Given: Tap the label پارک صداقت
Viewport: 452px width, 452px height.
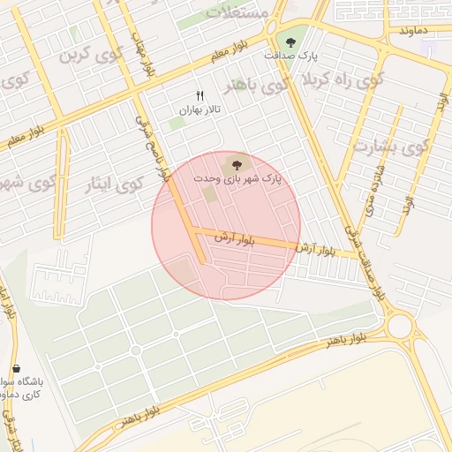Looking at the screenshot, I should coord(290,56).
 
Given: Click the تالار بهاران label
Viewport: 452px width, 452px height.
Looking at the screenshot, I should coord(199,110).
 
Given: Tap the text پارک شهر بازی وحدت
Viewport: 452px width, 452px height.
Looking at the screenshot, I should coord(237,178).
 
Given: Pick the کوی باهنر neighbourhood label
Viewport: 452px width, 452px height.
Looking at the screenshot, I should coord(256,87).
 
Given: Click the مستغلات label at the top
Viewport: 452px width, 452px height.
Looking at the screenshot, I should coord(236,12).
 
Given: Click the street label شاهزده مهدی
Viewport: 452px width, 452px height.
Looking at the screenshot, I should coord(376,190).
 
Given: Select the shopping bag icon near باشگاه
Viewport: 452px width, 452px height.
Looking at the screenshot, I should coord(16,368).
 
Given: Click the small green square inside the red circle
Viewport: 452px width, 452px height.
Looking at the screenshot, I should coord(209,192).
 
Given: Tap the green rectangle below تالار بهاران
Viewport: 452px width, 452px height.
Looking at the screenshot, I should coord(177,124).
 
